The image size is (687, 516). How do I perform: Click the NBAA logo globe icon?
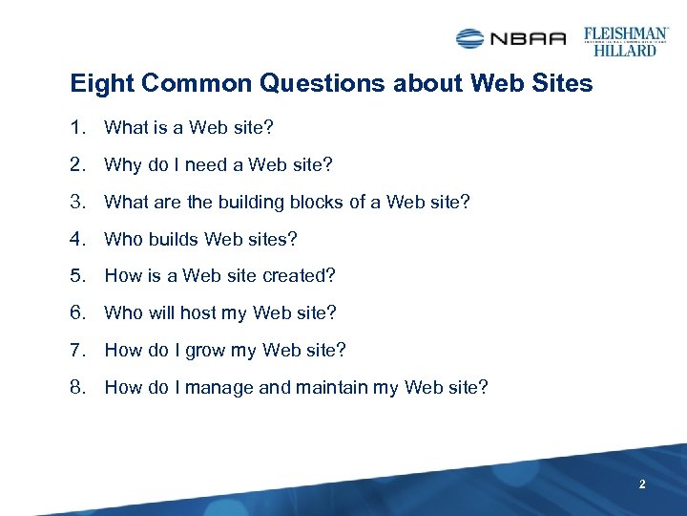point(470,38)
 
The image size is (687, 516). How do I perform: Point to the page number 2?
point(642,485)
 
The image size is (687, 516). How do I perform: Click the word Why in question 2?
point(122,164)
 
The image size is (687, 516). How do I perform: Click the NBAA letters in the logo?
point(528,38)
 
